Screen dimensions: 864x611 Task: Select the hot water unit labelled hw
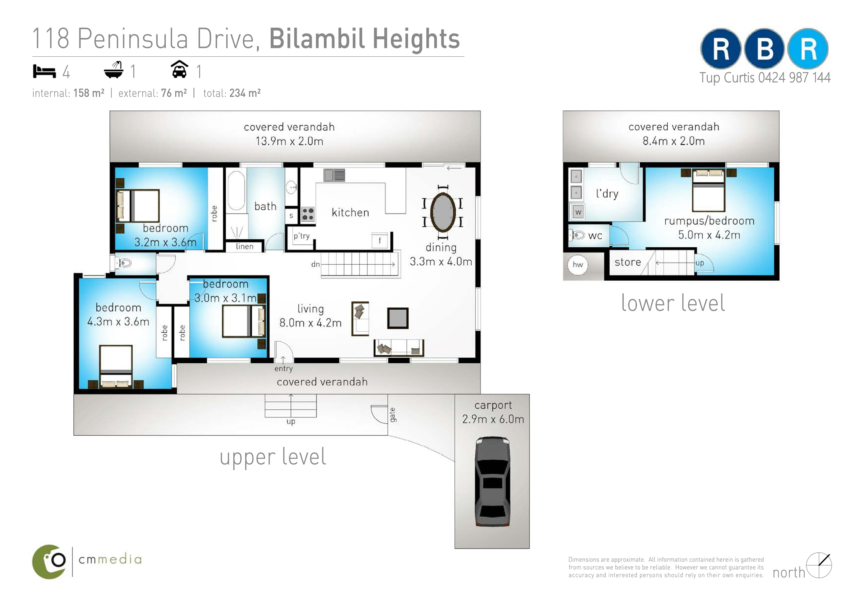click(578, 265)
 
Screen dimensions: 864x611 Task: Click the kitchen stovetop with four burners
click(308, 214)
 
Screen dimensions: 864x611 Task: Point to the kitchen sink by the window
click(334, 175)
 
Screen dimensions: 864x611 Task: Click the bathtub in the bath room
click(236, 190)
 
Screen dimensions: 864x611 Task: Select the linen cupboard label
click(245, 247)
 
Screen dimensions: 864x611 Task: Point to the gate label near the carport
click(393, 415)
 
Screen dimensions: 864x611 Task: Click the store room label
click(628, 262)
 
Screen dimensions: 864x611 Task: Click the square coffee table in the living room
click(398, 318)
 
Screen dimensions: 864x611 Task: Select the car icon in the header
click(180, 69)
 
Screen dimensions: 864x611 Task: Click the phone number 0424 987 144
click(794, 78)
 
